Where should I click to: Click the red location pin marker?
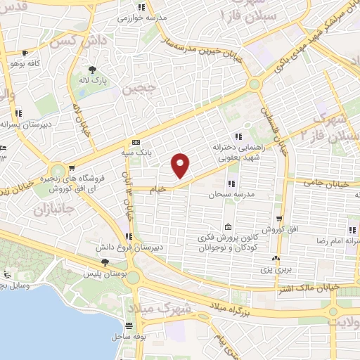pos(181,165)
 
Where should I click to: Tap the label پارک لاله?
pos(93,80)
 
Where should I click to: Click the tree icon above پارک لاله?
pos(93,69)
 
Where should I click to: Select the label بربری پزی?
pos(281,269)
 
